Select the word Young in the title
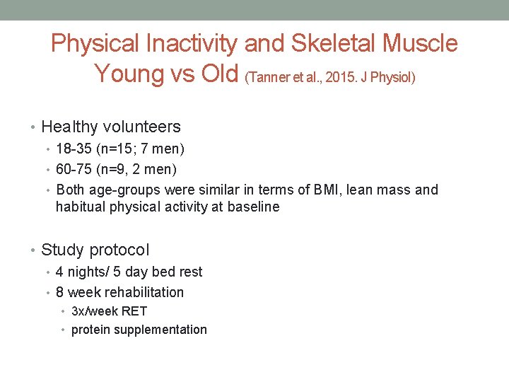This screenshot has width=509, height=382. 128,72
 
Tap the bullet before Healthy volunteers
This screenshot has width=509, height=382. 34,127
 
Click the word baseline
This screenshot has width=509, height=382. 253,207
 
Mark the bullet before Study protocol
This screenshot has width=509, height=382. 34,250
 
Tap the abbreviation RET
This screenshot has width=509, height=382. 134,311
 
